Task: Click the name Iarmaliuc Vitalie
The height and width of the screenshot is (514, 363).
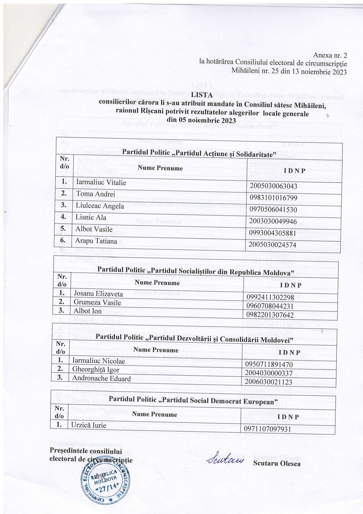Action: (101, 182)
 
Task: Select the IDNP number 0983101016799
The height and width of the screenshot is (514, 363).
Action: (273, 198)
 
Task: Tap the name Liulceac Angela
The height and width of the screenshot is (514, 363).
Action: (100, 206)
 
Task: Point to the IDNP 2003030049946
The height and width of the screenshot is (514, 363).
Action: (273, 221)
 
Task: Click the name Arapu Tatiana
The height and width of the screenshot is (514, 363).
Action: (96, 241)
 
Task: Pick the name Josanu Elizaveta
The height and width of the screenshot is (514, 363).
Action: (98, 293)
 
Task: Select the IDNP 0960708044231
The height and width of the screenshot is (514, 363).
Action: (270, 306)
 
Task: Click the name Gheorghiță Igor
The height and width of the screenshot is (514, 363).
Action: (96, 370)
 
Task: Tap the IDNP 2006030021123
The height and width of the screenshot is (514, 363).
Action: (269, 382)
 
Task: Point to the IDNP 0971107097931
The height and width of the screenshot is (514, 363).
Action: (268, 429)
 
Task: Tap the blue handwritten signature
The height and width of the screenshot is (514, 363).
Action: (225, 460)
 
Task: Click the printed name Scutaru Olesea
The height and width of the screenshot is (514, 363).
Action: (277, 463)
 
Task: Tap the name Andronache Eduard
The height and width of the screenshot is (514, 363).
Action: (101, 378)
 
